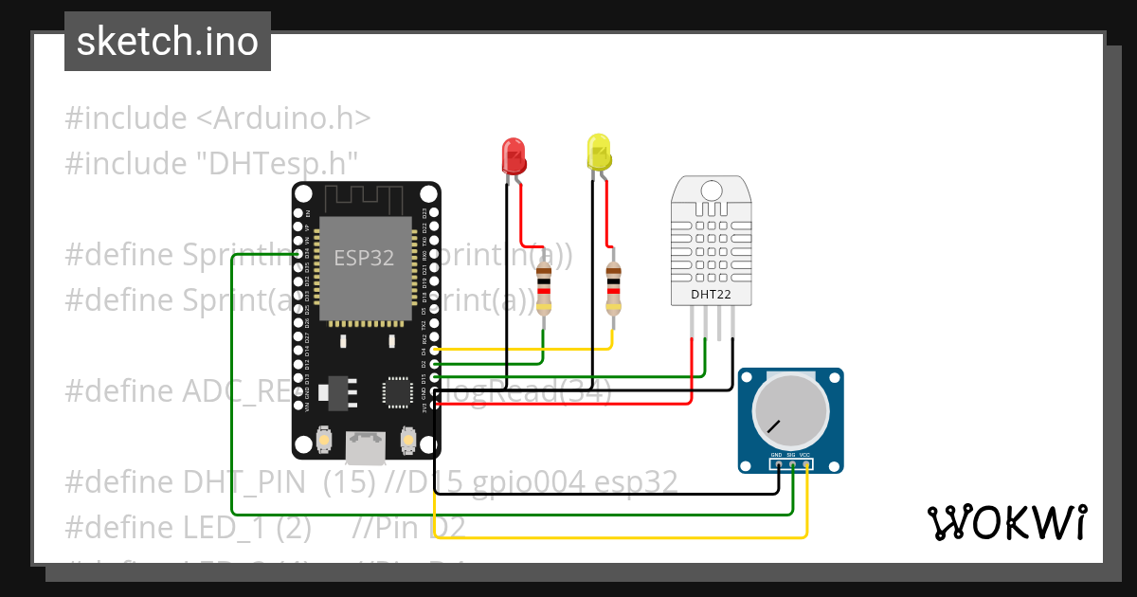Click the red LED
pos(513,155)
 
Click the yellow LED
pos(599,153)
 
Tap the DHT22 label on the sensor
pos(711,294)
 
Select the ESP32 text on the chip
pos(364,258)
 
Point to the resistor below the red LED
pos(544,289)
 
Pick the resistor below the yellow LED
pos(614,289)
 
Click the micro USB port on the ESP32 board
pos(366,446)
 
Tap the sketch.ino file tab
pos(168,42)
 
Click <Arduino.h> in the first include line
pos(283,118)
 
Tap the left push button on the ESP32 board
pos(323,441)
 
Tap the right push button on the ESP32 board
pos(408,441)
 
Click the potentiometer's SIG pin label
pos(791,456)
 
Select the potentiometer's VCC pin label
pos(805,456)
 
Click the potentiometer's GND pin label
pos(776,456)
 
